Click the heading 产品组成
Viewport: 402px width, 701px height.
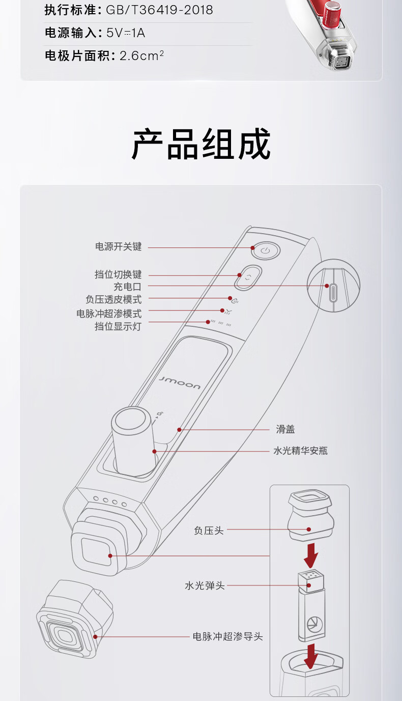[x=201, y=145]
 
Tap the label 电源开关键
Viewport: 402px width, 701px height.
[x=118, y=247]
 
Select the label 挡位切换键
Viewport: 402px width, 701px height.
[x=118, y=275]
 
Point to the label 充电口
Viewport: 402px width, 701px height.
[x=127, y=287]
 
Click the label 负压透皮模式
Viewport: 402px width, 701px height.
[x=113, y=299]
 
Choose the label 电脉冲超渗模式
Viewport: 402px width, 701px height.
[x=109, y=313]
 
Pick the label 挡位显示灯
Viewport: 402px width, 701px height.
[x=118, y=326]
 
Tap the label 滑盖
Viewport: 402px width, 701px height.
[x=285, y=430]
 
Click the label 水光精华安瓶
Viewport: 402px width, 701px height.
[x=301, y=451]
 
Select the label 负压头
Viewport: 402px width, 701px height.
[x=209, y=530]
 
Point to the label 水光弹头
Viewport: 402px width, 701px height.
[x=205, y=585]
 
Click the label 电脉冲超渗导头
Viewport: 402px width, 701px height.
[x=228, y=636]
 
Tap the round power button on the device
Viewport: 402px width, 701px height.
[x=265, y=250]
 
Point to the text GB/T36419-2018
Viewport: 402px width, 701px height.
[x=159, y=10]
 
